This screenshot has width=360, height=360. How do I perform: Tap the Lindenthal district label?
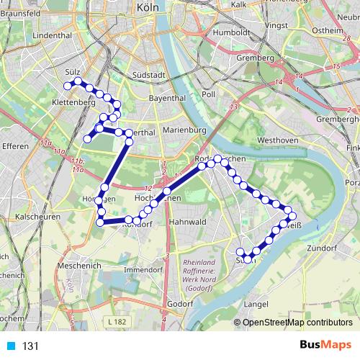tap(51, 35)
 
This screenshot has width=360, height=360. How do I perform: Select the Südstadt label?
tap(150, 74)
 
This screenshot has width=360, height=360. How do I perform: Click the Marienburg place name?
tap(184, 130)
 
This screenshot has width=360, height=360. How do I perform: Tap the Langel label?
tap(256, 304)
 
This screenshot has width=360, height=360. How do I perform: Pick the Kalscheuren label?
tap(37, 216)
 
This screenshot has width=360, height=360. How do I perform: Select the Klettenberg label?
tap(74, 102)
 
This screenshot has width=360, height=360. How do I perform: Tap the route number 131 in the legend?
tap(30, 346)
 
